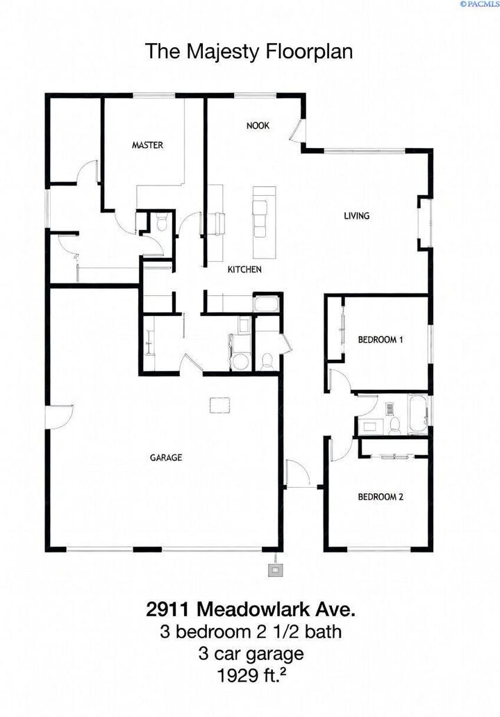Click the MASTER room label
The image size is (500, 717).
click(x=147, y=145)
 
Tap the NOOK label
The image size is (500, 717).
click(x=258, y=126)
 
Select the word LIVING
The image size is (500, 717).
click(x=356, y=215)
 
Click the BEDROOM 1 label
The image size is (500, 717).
click(x=381, y=340)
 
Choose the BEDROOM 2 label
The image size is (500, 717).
click(x=381, y=497)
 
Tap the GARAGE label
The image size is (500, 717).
click(x=166, y=457)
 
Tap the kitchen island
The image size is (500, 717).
click(x=262, y=220)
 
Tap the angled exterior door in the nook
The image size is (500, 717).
click(x=298, y=131)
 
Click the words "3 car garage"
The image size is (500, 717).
click(x=250, y=653)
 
